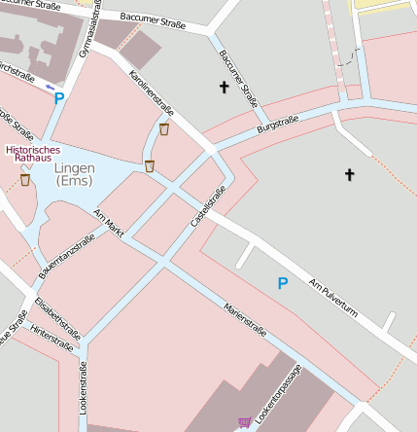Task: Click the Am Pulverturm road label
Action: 334,302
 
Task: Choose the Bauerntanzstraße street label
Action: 67,258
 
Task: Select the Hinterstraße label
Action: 51,339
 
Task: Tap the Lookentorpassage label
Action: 279,394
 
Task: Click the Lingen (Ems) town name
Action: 74,175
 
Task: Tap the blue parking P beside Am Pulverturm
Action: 283,283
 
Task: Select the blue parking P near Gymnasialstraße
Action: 58,97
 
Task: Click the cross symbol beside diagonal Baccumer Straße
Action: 225,88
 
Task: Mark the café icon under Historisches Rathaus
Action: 25,180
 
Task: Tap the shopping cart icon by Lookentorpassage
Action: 244,422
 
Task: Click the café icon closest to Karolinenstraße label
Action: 163,128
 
